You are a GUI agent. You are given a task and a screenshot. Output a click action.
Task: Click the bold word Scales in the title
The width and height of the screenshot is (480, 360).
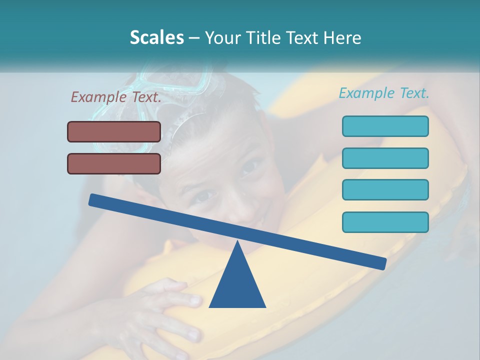point(156,38)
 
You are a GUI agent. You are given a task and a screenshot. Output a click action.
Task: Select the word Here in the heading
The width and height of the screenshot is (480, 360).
point(342,38)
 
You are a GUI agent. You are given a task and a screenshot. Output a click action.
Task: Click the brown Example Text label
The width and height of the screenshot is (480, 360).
point(116,97)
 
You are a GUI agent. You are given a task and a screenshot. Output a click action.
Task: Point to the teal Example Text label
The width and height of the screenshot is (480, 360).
point(384,93)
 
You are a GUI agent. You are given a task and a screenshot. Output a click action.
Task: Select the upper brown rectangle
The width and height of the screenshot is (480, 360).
point(114,131)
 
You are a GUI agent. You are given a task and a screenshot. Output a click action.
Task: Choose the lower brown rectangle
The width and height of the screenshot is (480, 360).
point(114,163)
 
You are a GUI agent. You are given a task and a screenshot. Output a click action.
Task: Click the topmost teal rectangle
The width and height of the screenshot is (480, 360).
point(385,126)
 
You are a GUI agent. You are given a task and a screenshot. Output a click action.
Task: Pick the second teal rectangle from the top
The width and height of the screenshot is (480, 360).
point(385,158)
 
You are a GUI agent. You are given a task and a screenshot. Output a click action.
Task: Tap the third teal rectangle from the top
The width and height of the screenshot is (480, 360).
point(385,190)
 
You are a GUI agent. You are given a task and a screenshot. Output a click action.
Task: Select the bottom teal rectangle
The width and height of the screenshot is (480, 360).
point(385,222)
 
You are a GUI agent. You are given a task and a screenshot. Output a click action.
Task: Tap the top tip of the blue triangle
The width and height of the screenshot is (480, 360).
point(237,242)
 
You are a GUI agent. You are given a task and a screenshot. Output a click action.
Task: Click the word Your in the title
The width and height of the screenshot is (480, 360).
point(223,38)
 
